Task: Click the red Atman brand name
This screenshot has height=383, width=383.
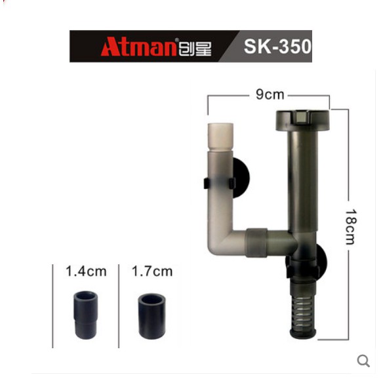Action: coord(138,47)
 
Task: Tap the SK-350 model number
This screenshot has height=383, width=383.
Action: coord(277,47)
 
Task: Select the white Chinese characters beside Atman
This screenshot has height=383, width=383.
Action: coord(195,49)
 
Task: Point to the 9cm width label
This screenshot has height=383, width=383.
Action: coord(270,94)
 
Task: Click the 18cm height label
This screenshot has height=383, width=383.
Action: coord(351,227)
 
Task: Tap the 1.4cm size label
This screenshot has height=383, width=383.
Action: coord(86,272)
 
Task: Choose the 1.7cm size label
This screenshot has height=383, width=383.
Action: coord(152,272)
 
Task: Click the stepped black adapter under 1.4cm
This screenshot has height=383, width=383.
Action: coord(85,315)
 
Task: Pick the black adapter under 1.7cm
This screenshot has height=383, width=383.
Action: coord(151,316)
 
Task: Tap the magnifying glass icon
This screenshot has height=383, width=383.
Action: coord(363,361)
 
